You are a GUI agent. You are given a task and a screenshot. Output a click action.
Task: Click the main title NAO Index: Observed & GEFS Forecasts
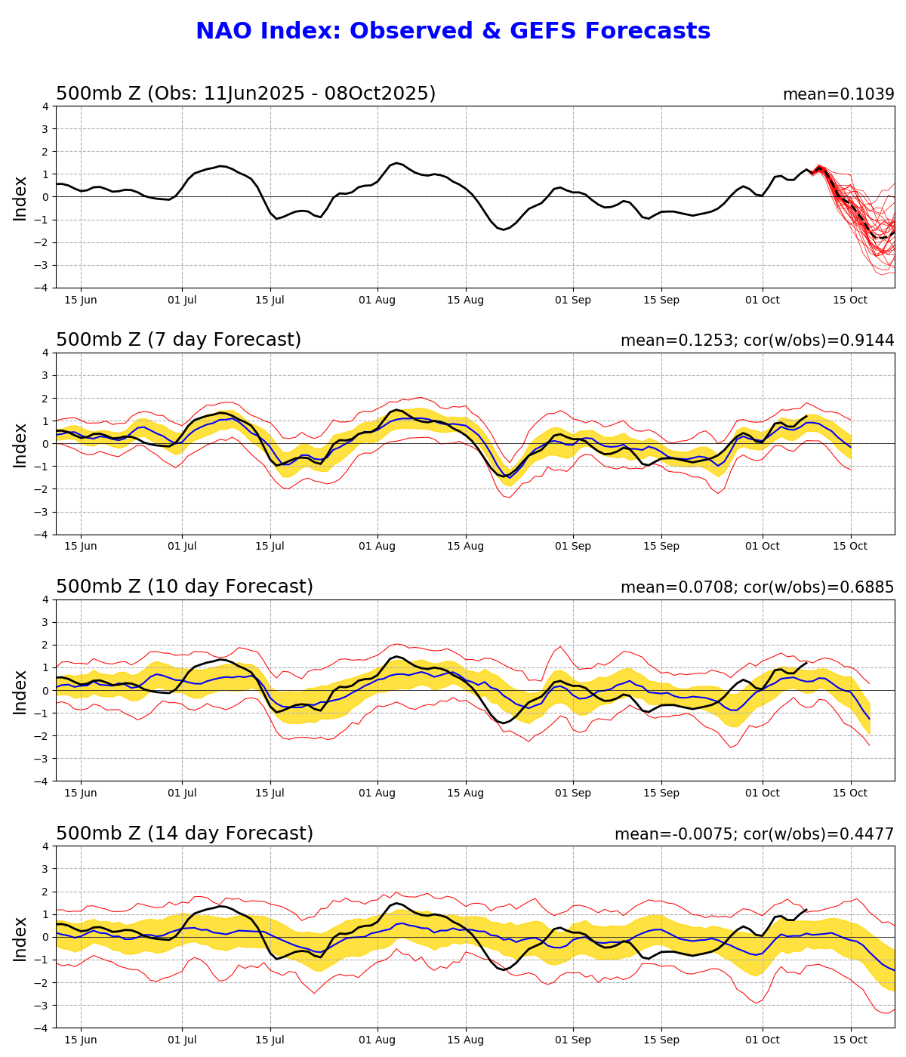[x=453, y=32]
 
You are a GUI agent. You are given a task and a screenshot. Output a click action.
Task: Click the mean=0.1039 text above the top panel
[x=838, y=94]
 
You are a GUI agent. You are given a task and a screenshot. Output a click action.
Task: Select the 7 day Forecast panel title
[x=178, y=341]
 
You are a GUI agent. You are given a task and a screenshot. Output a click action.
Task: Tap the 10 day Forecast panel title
[x=184, y=587]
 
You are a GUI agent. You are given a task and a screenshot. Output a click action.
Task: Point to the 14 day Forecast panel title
[x=184, y=834]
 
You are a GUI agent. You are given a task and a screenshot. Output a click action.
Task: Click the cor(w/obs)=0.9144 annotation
[x=819, y=341]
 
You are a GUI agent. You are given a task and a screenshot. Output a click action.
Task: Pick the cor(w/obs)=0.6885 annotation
[x=819, y=587]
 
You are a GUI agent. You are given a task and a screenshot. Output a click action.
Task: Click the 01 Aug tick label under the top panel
[x=377, y=300]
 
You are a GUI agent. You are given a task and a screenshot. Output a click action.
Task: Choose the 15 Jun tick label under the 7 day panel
[x=80, y=547]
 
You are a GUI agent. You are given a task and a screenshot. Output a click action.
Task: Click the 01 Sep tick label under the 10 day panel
[x=572, y=794]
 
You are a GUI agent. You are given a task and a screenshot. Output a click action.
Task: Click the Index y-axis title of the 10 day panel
[x=20, y=691]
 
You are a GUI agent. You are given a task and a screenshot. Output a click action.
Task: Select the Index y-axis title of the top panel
[x=20, y=198]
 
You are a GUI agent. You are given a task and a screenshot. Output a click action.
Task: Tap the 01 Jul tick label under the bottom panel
[x=182, y=1040]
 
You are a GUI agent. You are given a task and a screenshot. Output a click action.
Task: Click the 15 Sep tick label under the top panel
[x=661, y=300]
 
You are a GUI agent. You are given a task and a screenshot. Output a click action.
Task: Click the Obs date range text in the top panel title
[x=291, y=94]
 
